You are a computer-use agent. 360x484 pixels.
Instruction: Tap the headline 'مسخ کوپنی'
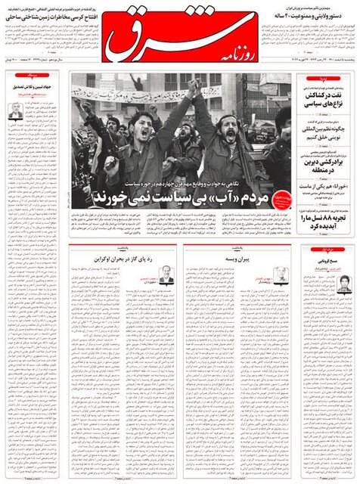[x=333, y=259]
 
